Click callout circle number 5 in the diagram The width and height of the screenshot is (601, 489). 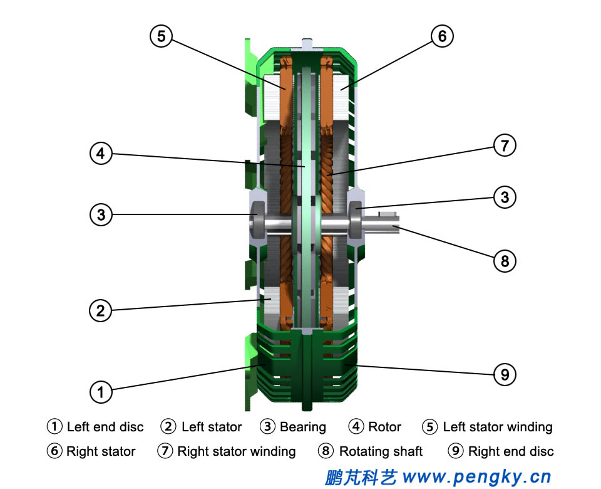pyautogui.click(x=162, y=36)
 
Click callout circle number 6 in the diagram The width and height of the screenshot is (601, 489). pyautogui.click(x=442, y=36)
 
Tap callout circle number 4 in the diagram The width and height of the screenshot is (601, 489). pyautogui.click(x=101, y=154)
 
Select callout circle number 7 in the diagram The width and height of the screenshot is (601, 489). pyautogui.click(x=505, y=146)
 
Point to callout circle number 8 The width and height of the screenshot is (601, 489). pyautogui.click(x=505, y=260)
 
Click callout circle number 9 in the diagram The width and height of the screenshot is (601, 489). pyautogui.click(x=505, y=375)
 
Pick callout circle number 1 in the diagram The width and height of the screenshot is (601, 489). pyautogui.click(x=101, y=392)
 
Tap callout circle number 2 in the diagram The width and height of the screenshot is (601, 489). pyautogui.click(x=101, y=310)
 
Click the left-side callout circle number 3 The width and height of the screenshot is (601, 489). pyautogui.click(x=101, y=215)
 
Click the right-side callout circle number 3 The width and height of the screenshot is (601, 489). pyautogui.click(x=505, y=197)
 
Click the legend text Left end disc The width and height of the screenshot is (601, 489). pyautogui.click(x=105, y=428)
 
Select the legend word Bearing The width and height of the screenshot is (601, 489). pyautogui.click(x=303, y=428)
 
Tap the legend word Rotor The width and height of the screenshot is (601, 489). pyautogui.click(x=384, y=428)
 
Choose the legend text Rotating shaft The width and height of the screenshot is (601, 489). pyautogui.click(x=381, y=451)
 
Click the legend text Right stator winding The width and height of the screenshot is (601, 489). pyautogui.click(x=236, y=451)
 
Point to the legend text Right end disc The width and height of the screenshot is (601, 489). pyautogui.click(x=511, y=451)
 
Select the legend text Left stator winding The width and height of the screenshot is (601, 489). pyautogui.click(x=498, y=428)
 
